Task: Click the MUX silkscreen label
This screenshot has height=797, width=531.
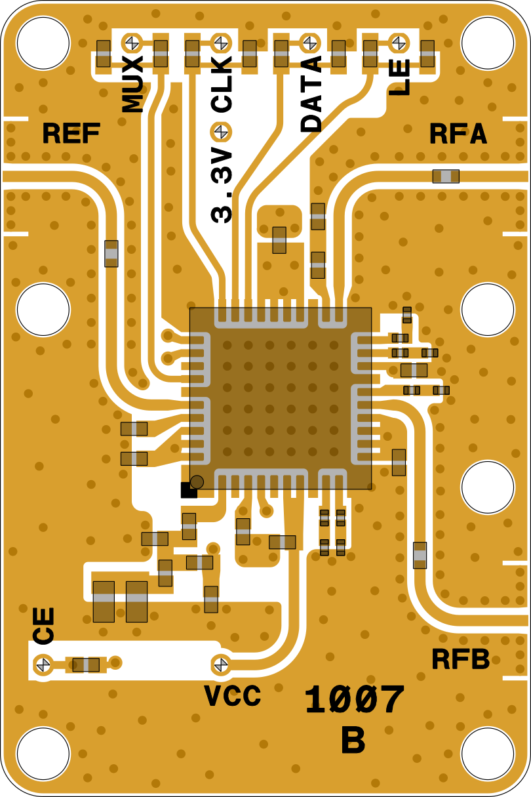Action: point(133,84)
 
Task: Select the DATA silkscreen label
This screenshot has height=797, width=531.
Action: point(311,94)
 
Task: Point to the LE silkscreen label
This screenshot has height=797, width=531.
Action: point(399,77)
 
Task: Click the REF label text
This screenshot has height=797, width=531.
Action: point(71,134)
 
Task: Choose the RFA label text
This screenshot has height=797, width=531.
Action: point(458,134)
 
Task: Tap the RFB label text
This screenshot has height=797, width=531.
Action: point(460,659)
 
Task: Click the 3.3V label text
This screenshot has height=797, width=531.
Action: point(222,186)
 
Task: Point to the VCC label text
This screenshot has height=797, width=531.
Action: point(233,696)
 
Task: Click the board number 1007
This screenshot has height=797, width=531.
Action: point(354,701)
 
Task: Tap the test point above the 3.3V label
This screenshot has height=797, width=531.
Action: point(221,132)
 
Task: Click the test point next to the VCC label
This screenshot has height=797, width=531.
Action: point(221,664)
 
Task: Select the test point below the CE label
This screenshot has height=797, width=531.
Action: point(43,664)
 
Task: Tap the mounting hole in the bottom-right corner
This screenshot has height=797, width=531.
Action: point(487,754)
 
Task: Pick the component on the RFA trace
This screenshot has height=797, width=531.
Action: point(446,176)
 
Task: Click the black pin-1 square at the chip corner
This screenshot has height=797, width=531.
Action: point(187,490)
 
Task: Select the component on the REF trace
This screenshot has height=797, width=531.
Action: point(111,253)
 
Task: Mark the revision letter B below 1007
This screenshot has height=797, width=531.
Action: point(353,741)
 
